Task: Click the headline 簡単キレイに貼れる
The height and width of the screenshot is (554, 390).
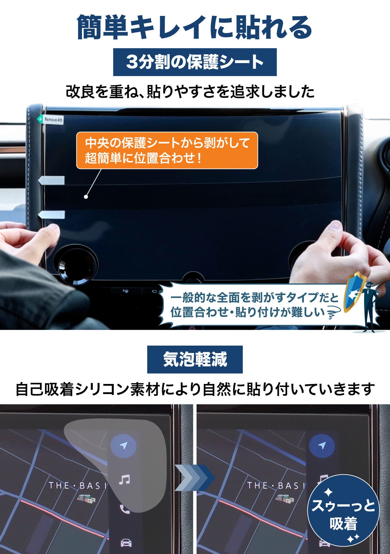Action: [x=195, y=27]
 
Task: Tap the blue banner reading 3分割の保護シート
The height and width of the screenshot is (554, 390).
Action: [x=195, y=62]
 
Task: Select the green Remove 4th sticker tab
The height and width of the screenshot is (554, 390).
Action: [x=50, y=120]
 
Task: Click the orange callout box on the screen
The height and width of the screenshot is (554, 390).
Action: [x=167, y=151]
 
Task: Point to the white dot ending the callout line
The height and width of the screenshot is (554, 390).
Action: [x=86, y=197]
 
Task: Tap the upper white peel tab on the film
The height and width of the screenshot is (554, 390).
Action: [x=51, y=180]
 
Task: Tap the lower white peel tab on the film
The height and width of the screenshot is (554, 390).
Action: [x=51, y=215]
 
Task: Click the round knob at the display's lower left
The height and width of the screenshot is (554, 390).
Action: [x=75, y=265]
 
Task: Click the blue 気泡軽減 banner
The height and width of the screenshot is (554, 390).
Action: [x=195, y=359]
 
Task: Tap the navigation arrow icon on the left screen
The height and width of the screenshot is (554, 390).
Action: [x=123, y=445]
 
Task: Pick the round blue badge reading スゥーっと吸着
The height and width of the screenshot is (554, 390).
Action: [x=343, y=510]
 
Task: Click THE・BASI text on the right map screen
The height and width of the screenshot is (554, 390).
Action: [x=276, y=485]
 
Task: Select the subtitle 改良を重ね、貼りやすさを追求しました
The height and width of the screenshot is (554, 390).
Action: [x=190, y=91]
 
